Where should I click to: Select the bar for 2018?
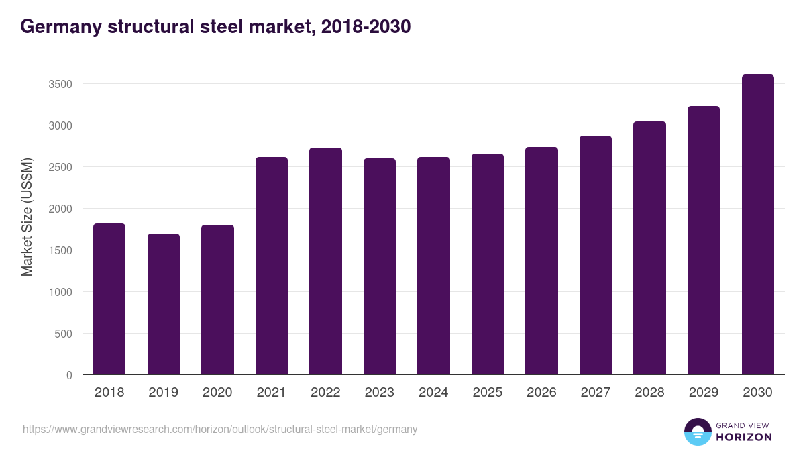pos(109,299)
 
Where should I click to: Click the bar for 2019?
pos(164,304)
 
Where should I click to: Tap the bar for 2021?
pos(272,266)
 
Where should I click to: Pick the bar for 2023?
pos(380,266)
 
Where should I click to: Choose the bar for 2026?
pos(541,261)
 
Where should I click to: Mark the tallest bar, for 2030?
pos(757,225)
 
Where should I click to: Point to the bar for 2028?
pos(649,248)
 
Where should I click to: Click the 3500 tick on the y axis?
pos(60,84)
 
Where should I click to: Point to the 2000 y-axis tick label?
pos(60,209)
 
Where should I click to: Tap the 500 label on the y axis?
pos(63,334)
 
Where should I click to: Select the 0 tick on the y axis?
pos(68,375)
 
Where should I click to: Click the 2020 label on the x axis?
pos(217,393)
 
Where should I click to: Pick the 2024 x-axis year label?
pos(433,393)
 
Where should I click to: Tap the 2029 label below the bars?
pos(704,393)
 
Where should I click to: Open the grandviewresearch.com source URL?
pos(220,429)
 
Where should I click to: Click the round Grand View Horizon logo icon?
pos(698,432)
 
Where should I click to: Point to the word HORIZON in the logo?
pos(744,437)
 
